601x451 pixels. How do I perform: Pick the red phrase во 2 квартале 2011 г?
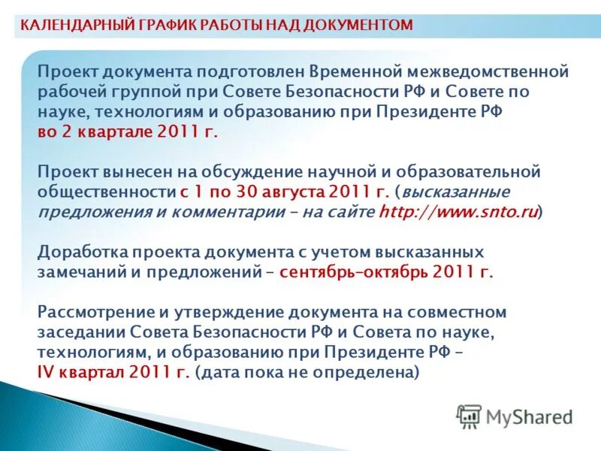(x=128, y=132)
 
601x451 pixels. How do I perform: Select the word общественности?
(x=107, y=192)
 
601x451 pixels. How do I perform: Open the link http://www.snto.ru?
(x=458, y=212)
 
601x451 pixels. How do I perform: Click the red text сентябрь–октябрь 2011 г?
(x=386, y=271)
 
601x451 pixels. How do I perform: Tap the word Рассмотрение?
(x=91, y=311)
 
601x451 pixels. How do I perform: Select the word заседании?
(x=81, y=331)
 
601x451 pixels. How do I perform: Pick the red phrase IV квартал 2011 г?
(x=113, y=371)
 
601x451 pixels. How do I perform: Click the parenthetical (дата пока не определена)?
(x=307, y=371)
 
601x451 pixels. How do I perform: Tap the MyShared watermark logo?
(x=515, y=416)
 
